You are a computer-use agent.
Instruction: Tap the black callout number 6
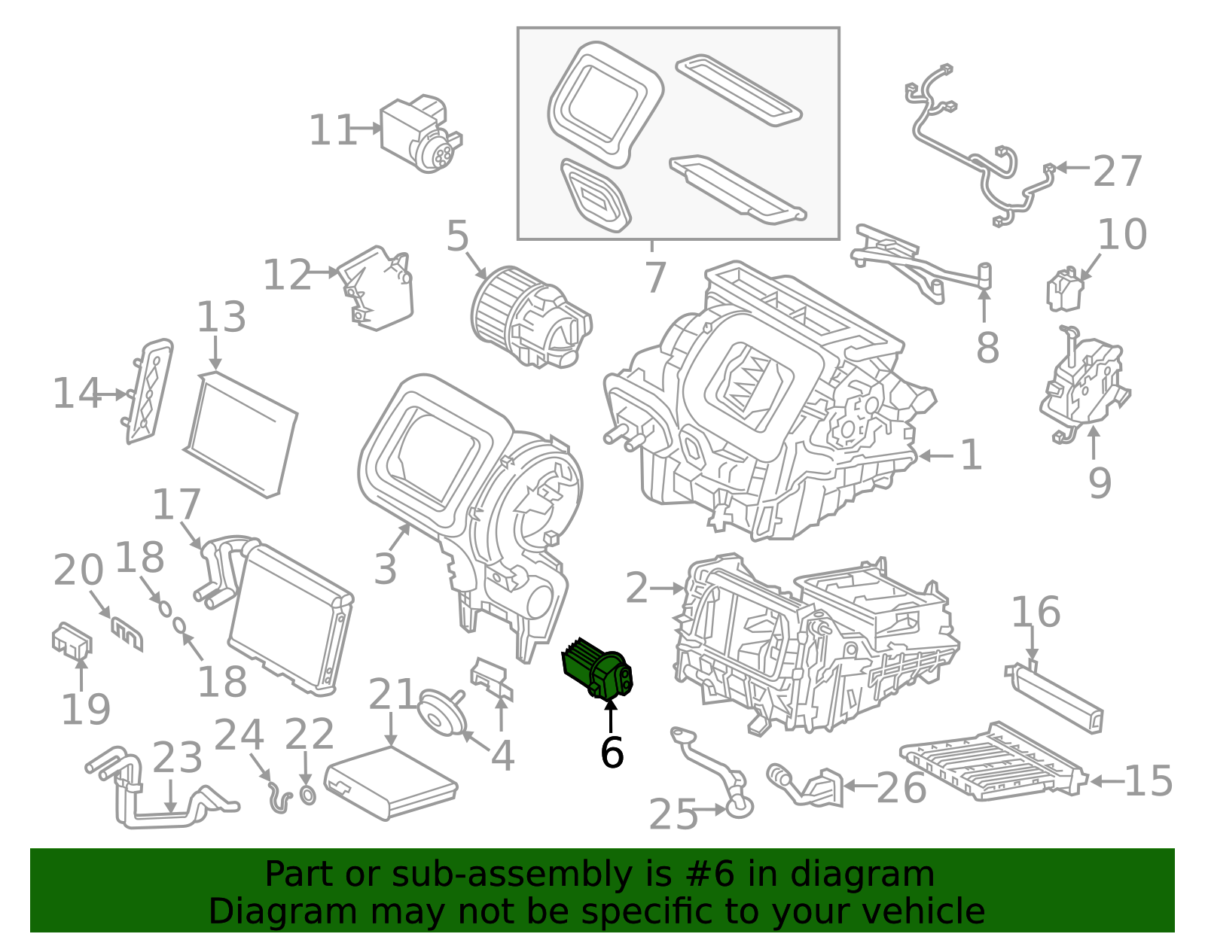tap(612, 752)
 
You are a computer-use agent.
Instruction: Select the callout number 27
tap(1118, 172)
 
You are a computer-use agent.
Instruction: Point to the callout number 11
tap(331, 131)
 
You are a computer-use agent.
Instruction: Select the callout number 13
tap(221, 318)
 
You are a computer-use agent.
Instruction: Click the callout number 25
tap(673, 814)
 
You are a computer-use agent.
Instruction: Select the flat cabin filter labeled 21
tap(390, 782)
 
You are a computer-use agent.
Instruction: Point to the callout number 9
tap(1100, 482)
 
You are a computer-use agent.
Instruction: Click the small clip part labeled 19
tap(72, 640)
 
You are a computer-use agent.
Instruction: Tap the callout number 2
tap(636, 589)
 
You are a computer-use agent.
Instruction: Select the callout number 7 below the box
tap(655, 277)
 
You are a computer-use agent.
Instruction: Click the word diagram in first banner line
tap(880, 875)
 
